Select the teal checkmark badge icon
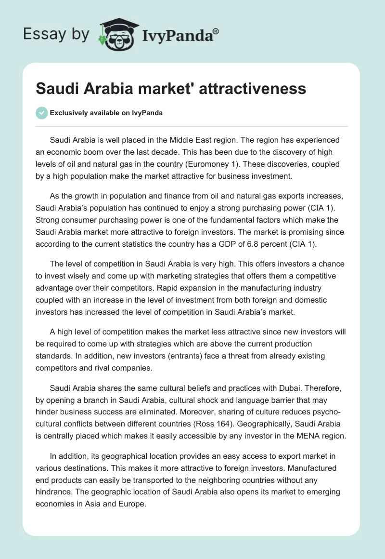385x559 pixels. coord(41,113)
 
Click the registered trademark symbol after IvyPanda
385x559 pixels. coord(216,31)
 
